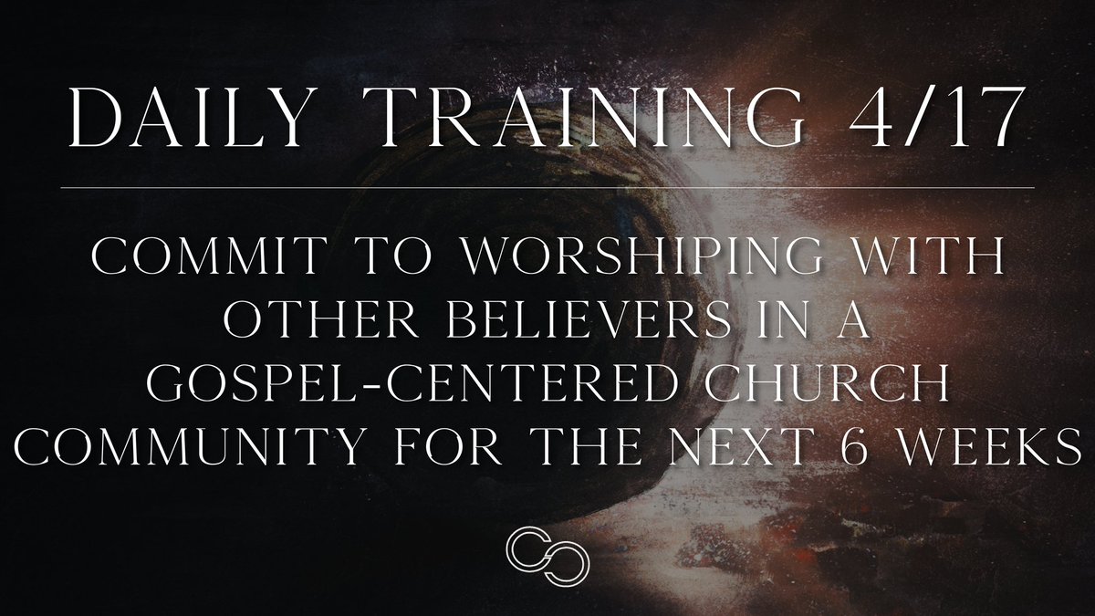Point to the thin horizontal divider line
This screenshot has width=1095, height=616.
point(547,187)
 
